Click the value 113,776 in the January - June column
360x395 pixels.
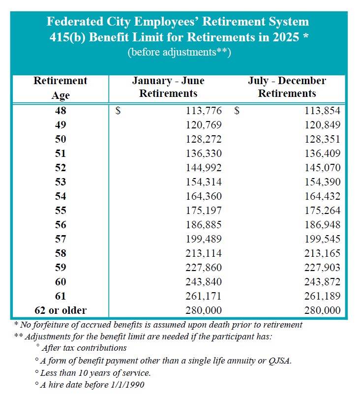click(x=204, y=111)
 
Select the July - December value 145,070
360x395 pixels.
click(x=322, y=168)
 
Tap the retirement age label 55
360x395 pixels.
click(x=60, y=211)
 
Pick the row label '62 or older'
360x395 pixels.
click(x=60, y=310)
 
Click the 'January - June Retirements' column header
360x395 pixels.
click(x=168, y=87)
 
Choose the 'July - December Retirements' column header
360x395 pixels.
click(x=287, y=87)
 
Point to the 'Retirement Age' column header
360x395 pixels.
click(x=60, y=88)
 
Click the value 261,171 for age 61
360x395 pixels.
click(x=204, y=296)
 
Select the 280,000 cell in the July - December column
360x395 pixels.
click(x=322, y=310)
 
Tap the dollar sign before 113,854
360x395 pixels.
click(x=237, y=111)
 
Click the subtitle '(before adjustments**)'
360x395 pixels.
click(x=179, y=53)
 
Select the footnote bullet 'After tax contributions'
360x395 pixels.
click(x=84, y=348)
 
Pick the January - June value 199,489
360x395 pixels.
click(x=204, y=239)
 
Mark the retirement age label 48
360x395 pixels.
click(x=60, y=111)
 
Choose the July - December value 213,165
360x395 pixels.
click(x=322, y=253)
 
